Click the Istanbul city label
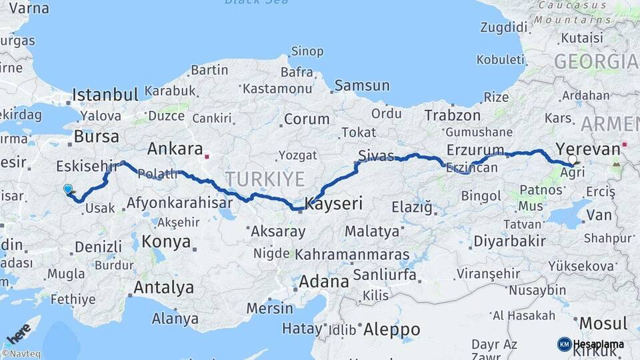click(105, 94)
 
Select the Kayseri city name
click(333, 204)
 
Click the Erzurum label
click(475, 149)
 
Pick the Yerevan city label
click(587, 149)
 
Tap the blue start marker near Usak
click(67, 189)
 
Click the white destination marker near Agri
click(572, 159)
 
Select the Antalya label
click(164, 288)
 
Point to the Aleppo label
click(391, 329)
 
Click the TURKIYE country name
click(265, 179)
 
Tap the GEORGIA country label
click(595, 62)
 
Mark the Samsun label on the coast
click(362, 85)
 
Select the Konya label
click(166, 241)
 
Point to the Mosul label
click(603, 323)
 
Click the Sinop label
click(307, 51)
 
